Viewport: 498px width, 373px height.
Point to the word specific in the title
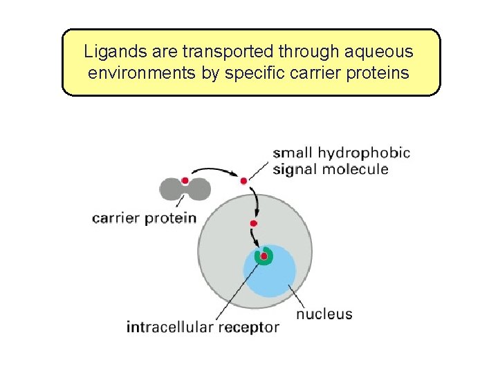click(x=264, y=72)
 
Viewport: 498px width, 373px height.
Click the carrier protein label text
click(x=144, y=218)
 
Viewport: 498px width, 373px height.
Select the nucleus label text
click(x=324, y=314)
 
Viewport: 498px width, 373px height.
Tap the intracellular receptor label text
click(x=203, y=327)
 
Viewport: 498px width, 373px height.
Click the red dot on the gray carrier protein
click(x=185, y=181)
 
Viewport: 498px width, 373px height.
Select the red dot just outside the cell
click(x=243, y=181)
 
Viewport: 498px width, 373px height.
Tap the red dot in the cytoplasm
click(x=254, y=223)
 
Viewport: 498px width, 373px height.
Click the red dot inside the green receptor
click(x=264, y=256)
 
